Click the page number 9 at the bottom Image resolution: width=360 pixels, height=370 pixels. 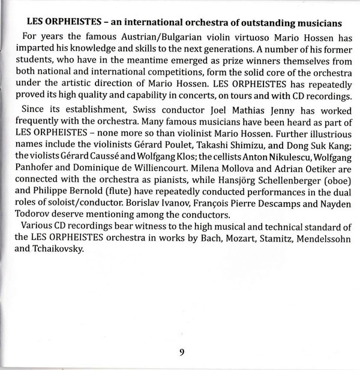click(181, 352)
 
